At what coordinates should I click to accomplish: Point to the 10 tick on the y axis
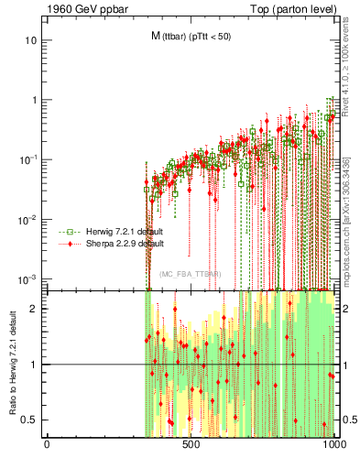pyautogui.click(x=30, y=41)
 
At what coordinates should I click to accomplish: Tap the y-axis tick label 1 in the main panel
pyautogui.click(x=33, y=101)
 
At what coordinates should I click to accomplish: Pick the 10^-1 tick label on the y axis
pyautogui.click(x=27, y=159)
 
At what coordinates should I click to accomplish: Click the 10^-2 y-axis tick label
pyautogui.click(x=27, y=219)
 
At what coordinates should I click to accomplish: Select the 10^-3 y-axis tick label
pyautogui.click(x=27, y=278)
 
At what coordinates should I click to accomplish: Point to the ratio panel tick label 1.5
pyautogui.click(x=29, y=336)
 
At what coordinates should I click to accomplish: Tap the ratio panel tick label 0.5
pyautogui.click(x=29, y=420)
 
